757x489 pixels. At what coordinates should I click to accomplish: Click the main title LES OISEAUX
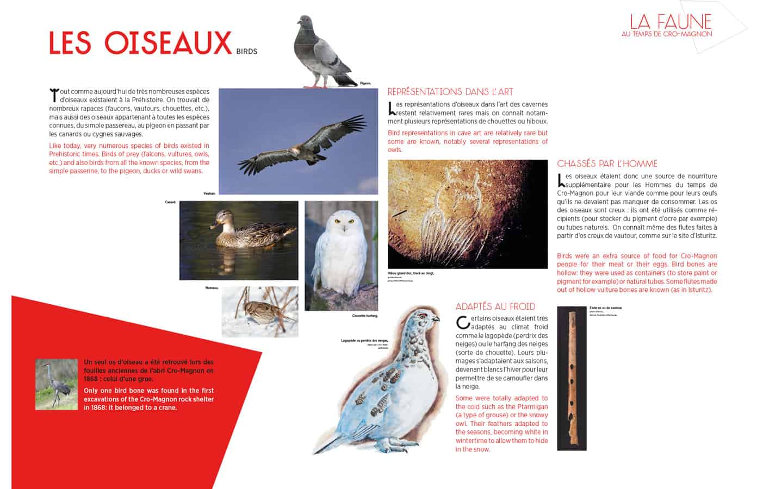(x=140, y=43)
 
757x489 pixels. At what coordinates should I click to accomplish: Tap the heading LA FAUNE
(x=671, y=21)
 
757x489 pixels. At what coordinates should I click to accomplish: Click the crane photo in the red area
(x=57, y=384)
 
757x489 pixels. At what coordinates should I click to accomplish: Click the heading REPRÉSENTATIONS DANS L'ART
(x=450, y=92)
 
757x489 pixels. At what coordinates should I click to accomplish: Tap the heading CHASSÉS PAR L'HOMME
(x=607, y=164)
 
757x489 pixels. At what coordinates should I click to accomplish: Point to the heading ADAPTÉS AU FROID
(x=495, y=306)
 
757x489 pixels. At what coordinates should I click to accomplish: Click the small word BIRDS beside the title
(x=247, y=52)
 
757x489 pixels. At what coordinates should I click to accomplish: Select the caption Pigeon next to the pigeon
(x=365, y=83)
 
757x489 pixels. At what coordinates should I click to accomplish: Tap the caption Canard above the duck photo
(x=170, y=202)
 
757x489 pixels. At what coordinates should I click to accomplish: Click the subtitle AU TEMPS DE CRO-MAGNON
(x=667, y=34)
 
